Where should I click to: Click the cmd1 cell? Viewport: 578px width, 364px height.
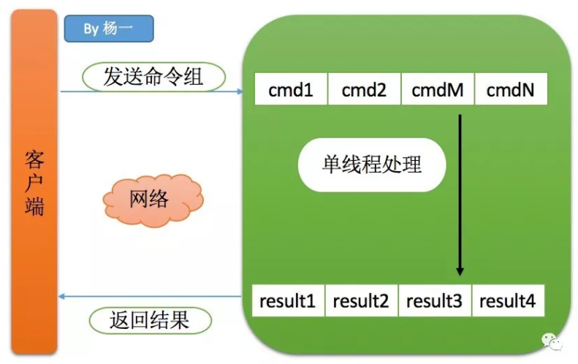[x=291, y=91]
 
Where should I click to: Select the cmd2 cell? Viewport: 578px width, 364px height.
[x=364, y=91]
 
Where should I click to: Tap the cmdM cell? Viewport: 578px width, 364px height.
[x=437, y=91]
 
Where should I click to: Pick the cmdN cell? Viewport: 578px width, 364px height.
[x=510, y=91]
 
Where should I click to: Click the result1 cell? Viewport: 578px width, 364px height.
[x=288, y=300]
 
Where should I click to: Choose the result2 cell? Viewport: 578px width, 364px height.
[x=361, y=300]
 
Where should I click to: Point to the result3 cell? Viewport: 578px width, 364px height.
[x=434, y=300]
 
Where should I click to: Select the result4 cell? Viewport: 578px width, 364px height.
[x=507, y=300]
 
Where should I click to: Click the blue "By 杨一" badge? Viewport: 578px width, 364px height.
[x=108, y=29]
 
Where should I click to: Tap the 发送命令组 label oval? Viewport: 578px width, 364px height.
[x=153, y=76]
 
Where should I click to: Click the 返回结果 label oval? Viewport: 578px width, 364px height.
[x=150, y=319]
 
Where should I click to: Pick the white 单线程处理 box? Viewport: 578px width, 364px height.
[x=372, y=164]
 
